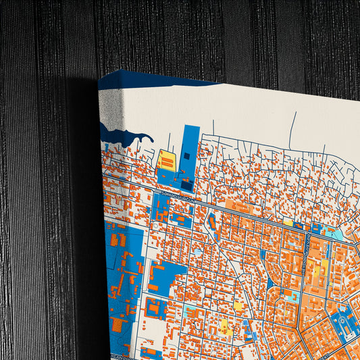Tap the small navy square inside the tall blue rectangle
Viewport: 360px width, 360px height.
(186, 156)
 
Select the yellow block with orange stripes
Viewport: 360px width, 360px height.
(166, 161)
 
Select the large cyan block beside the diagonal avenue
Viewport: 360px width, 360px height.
(330, 233)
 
